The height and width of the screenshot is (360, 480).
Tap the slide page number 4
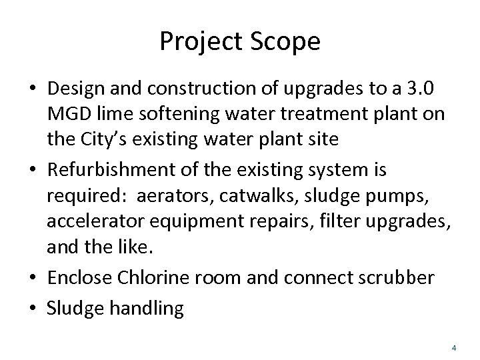(x=453, y=347)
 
